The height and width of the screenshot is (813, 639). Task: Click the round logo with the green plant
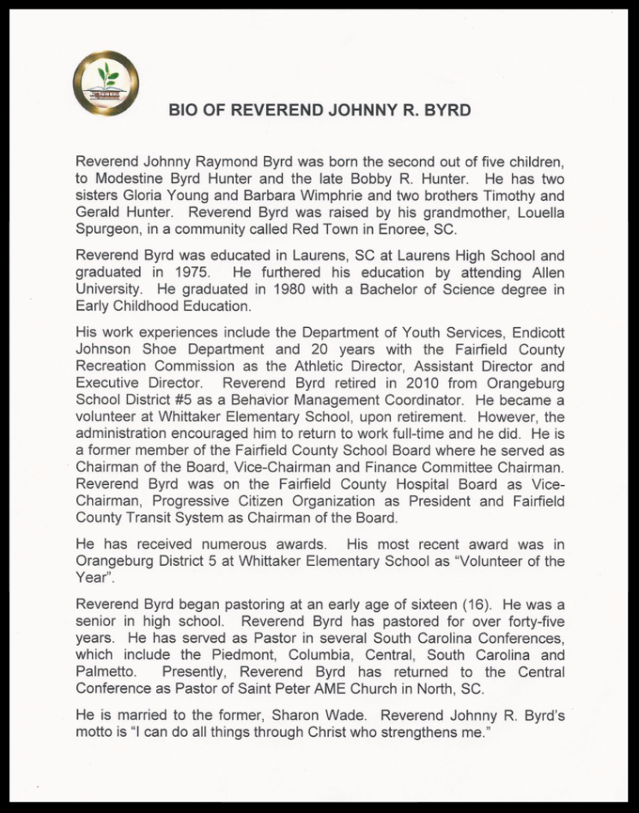[105, 82]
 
